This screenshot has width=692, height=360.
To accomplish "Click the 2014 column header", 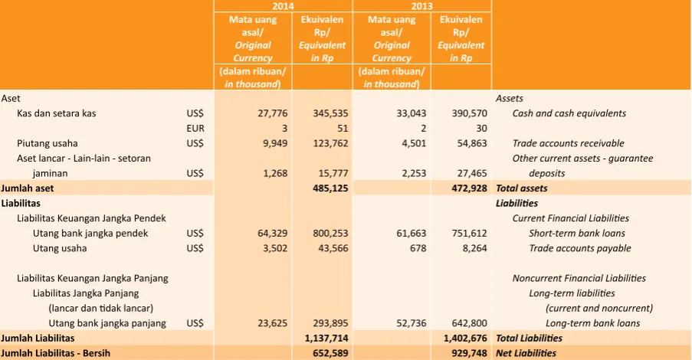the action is pos(283,6).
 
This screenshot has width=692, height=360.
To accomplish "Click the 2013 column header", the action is pos(422,6).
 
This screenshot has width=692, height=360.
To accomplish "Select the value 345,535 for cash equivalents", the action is pos(330,113).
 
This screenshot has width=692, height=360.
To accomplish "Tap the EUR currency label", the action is pos(195,129).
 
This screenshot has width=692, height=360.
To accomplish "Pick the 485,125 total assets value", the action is pos(330,188).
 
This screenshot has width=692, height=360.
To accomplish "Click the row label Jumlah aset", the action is pos(28,188).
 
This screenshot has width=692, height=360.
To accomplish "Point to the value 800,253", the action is pos(330,234).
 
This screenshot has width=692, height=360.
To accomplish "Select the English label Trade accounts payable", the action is pos(580,248).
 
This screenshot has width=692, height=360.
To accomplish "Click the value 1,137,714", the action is pos(326,339).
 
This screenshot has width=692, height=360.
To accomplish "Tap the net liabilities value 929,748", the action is pos(470,353).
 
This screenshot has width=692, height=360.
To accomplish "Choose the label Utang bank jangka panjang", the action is pos(107,323).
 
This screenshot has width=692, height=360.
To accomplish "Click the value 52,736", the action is pos(412,323).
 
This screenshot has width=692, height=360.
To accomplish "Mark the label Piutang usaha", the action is pos(48,143).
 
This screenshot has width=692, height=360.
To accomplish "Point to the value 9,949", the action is pos(275,143).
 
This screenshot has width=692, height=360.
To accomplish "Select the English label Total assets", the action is pos(522,188).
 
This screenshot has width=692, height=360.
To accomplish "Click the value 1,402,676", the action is pos(466,339).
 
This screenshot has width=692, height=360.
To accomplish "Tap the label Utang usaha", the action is pos(60,248).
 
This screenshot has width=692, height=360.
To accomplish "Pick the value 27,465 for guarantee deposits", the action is pos(470,173).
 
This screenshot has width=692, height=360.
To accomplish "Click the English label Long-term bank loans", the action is pos(592,323).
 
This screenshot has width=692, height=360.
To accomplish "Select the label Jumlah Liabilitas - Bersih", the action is pos(56,353).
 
